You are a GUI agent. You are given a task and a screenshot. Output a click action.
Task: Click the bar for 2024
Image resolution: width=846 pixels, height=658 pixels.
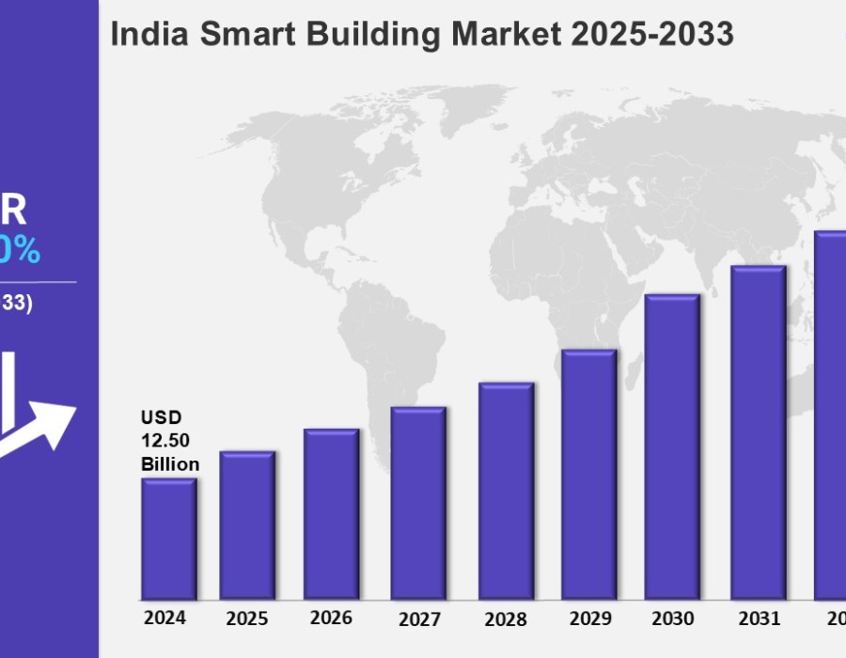[169, 539]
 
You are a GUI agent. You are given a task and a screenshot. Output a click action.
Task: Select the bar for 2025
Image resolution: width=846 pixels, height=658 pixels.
[247, 525]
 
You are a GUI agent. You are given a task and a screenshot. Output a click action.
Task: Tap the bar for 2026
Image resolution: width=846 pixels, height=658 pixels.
[331, 513]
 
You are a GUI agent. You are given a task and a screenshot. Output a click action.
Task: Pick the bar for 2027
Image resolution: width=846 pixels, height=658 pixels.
[418, 503]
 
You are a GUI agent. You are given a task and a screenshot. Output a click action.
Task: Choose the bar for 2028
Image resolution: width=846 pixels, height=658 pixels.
[506, 491]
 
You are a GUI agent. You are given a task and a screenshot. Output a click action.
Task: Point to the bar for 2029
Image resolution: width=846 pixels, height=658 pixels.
[589, 474]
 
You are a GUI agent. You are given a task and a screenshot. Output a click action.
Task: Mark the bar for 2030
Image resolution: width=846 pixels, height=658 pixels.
[672, 446]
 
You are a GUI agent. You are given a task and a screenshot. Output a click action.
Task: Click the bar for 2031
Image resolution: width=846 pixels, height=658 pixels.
[759, 432]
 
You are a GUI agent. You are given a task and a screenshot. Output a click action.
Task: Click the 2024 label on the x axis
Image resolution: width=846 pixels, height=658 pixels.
[165, 618]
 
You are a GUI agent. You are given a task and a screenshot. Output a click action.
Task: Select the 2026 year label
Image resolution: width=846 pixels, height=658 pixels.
[331, 618]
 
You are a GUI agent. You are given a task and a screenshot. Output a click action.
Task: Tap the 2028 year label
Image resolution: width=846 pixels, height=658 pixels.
[505, 619]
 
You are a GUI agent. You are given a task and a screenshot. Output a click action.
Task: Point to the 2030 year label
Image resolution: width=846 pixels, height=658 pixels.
[672, 619]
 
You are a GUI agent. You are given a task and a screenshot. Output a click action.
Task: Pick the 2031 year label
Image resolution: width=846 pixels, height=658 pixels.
[759, 619]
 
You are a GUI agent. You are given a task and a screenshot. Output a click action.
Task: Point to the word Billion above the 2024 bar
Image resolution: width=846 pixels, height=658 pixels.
[170, 463]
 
